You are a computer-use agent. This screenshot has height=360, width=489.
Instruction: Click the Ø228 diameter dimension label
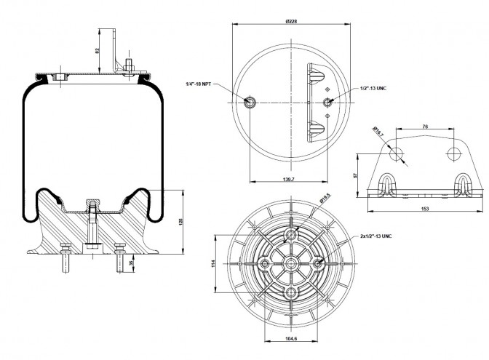click(291, 22)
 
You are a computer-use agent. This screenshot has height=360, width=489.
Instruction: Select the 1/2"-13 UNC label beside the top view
click(372, 88)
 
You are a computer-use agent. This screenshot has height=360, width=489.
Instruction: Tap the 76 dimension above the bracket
click(424, 127)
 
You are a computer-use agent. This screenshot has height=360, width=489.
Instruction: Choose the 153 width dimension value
click(425, 209)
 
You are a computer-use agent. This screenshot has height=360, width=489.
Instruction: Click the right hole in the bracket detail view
click(453, 153)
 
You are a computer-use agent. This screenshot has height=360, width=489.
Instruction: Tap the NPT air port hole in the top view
click(251, 102)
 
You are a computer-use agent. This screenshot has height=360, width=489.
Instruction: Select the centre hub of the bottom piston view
click(291, 265)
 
